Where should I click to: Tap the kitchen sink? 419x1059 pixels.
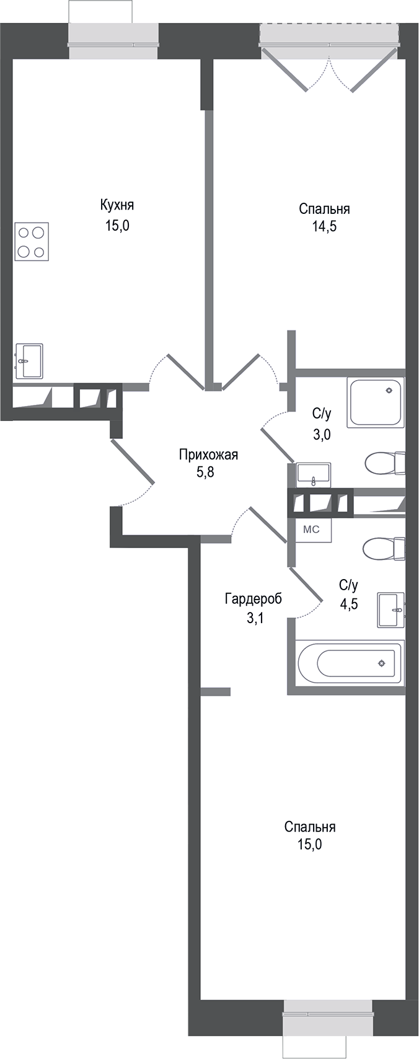(29, 360)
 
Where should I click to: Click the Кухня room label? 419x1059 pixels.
(117, 205)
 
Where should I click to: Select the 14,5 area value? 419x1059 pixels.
(324, 226)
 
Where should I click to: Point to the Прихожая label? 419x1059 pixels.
(208, 455)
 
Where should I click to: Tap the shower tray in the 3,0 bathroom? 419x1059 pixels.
(376, 402)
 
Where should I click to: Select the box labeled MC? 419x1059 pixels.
(311, 529)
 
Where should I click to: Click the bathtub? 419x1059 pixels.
(349, 663)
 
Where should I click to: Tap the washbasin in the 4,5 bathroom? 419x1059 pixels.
(390, 609)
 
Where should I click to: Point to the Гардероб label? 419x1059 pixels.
(253, 599)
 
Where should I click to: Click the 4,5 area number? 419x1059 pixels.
(348, 602)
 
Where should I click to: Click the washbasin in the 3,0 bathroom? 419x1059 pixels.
(314, 473)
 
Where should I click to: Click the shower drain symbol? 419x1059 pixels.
(389, 391)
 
